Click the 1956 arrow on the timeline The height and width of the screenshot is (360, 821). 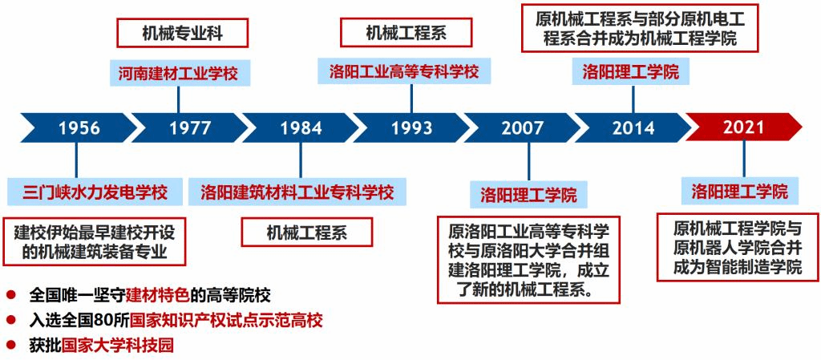tap(79, 127)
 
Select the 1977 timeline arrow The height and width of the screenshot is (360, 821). tap(189, 127)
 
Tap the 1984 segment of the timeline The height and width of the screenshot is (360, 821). tap(301, 127)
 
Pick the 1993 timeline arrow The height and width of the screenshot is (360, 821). tap(411, 127)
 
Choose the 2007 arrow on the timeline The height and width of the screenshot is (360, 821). tap(523, 127)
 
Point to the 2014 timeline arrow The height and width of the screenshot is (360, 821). tap(633, 127)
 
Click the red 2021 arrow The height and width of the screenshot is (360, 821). tap(743, 127)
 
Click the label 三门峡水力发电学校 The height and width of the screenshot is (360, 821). tap(95, 192)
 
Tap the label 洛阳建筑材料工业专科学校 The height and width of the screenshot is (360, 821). tap(297, 192)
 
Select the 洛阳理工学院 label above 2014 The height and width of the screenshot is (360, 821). tap(631, 71)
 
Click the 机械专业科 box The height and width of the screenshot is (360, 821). tap(182, 33)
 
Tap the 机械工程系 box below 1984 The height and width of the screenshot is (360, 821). tap(307, 233)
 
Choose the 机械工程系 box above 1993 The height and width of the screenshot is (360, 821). tap(406, 33)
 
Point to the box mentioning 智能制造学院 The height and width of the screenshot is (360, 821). tap(738, 247)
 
